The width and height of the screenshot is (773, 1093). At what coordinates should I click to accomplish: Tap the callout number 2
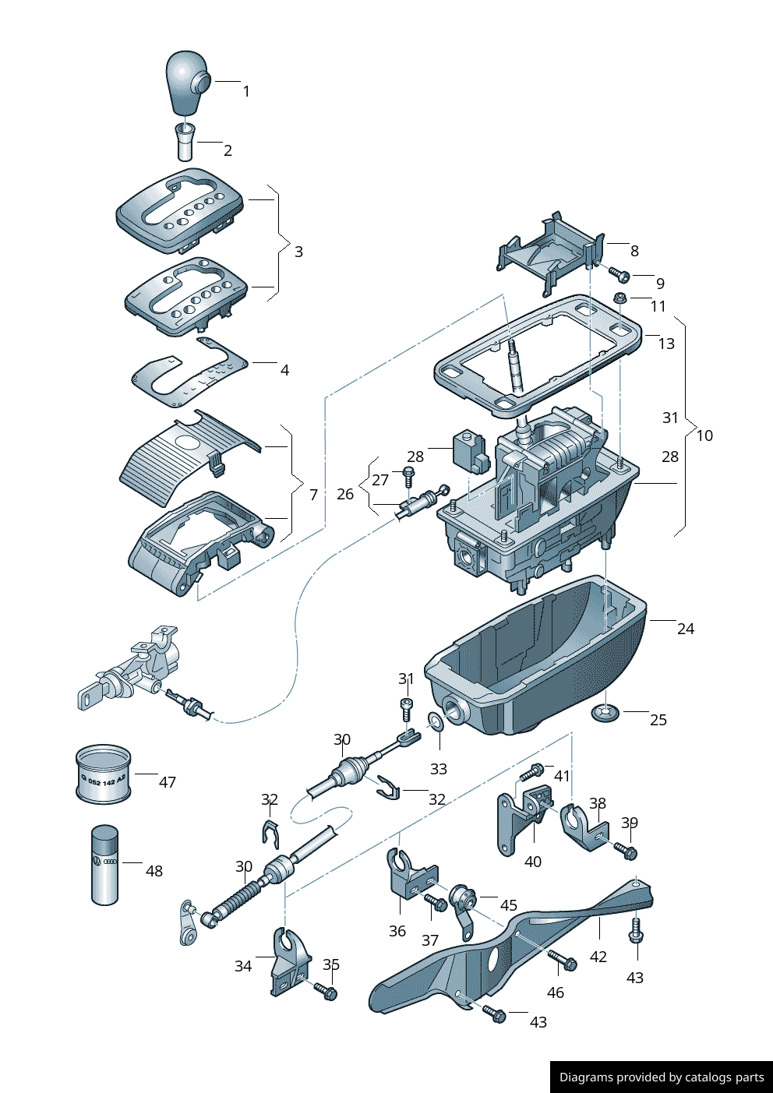click(228, 150)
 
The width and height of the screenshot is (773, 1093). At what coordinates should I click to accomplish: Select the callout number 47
click(168, 782)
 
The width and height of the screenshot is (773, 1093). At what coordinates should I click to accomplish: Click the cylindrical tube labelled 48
click(105, 865)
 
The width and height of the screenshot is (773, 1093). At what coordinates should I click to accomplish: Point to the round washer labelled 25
click(605, 712)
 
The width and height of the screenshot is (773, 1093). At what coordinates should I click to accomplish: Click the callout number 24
click(685, 629)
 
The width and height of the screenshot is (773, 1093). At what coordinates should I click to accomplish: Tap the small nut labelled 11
click(620, 298)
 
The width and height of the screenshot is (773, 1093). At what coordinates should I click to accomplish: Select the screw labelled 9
click(621, 274)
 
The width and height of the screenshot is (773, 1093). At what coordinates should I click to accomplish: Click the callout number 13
click(666, 344)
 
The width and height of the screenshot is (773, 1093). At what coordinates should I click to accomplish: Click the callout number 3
click(298, 252)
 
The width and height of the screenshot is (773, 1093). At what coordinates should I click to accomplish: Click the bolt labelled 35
click(326, 992)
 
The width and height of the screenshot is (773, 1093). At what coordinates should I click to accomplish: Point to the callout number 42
click(598, 957)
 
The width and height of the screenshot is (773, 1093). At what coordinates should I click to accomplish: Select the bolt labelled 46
click(563, 961)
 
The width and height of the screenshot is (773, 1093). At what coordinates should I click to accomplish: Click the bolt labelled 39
click(626, 851)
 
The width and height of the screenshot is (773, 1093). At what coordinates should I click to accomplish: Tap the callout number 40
click(533, 862)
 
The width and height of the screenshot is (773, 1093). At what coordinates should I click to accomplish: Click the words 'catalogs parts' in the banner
click(724, 1077)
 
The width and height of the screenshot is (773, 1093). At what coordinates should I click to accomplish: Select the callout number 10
click(704, 435)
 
